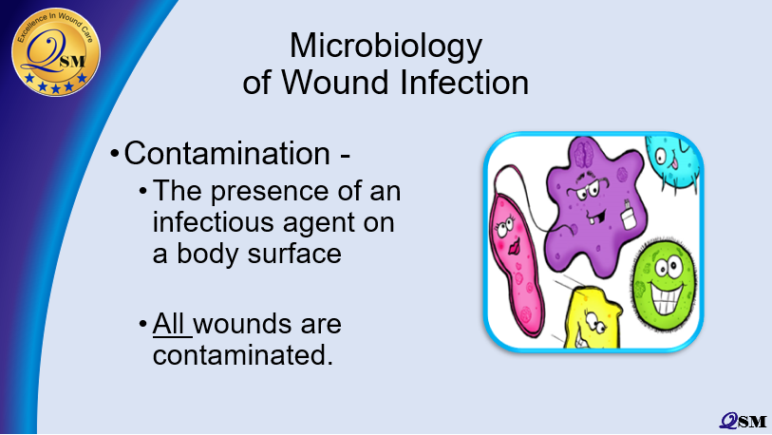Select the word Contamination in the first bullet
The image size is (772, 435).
click(227, 153)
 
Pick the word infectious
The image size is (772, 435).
click(207, 222)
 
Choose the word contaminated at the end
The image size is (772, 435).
click(243, 355)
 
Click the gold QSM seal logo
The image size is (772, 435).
click(56, 51)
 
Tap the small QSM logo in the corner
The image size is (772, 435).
click(744, 421)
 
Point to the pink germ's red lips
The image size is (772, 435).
click(513, 246)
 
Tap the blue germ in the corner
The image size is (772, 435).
click(675, 161)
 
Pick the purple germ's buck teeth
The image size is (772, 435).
click(597, 215)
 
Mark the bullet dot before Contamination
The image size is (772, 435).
click(115, 153)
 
